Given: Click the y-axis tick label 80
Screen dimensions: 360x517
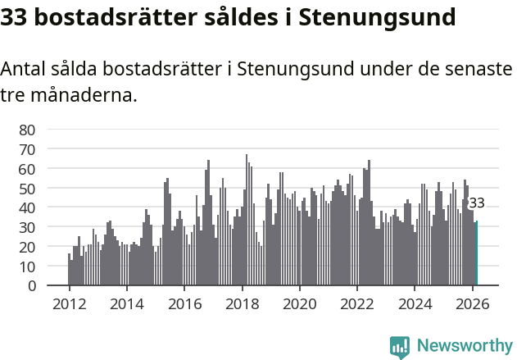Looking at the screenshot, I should [27, 130].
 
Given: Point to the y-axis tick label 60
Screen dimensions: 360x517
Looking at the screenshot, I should [27, 169].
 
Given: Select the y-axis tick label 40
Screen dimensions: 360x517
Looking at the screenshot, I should [27, 207].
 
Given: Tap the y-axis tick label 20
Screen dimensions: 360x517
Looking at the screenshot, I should [27, 247].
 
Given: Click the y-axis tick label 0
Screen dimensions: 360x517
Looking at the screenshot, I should [31, 286].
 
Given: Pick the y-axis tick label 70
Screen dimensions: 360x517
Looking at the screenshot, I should [27, 149].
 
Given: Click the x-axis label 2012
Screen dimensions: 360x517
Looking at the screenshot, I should [69, 303].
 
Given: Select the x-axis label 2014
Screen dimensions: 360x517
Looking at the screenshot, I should [126, 303].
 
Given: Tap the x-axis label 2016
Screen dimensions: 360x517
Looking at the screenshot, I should [184, 303].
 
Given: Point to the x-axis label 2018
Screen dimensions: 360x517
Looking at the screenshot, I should [242, 303].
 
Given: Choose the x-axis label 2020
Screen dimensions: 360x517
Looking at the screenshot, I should [300, 303].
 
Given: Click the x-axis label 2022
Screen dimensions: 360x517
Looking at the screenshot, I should [357, 303].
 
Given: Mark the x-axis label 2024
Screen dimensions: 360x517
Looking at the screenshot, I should [415, 303].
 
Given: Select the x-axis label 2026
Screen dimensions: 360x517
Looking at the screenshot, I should [473, 303].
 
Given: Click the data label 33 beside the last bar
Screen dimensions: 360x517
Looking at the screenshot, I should [476, 203].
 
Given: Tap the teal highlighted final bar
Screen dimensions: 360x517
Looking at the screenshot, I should [476, 254].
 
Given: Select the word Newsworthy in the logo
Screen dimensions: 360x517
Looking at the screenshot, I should [464, 346].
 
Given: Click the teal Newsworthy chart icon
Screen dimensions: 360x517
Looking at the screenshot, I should [400, 347].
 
